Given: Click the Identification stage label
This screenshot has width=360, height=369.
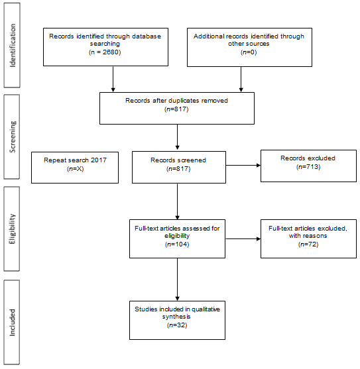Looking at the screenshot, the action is [x=12, y=46].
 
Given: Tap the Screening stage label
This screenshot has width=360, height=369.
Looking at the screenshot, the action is [x=12, y=136].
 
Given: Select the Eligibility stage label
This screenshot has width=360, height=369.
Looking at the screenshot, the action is [x=12, y=229].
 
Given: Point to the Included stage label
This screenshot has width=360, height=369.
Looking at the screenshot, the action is [x=12, y=323].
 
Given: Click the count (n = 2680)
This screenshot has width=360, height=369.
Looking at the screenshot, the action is [x=105, y=52].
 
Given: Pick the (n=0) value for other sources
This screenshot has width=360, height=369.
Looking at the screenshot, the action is [x=249, y=52].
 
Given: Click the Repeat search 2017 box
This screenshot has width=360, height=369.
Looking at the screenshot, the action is [x=75, y=168].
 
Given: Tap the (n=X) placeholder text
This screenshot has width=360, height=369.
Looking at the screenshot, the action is [x=75, y=169].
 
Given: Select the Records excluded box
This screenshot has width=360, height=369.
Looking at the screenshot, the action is [x=308, y=166].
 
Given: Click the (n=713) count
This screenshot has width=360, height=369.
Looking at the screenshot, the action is [x=308, y=167].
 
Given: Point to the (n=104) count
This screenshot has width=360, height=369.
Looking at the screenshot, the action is [x=177, y=244].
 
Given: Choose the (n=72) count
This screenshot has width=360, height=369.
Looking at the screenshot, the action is [x=308, y=244].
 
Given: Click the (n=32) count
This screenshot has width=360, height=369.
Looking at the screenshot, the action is [x=177, y=325].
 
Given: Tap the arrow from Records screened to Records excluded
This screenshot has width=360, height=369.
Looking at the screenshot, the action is [x=243, y=166].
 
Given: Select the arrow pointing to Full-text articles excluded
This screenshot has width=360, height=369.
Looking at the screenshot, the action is [x=243, y=239].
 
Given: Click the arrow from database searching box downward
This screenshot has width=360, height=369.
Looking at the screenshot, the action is [x=113, y=79].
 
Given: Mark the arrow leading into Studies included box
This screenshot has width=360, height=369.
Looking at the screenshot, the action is [x=177, y=280].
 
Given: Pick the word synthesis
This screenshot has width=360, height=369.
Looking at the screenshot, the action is [x=176, y=317].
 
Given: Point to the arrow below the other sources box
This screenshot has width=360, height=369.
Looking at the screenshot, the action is [x=241, y=79].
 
